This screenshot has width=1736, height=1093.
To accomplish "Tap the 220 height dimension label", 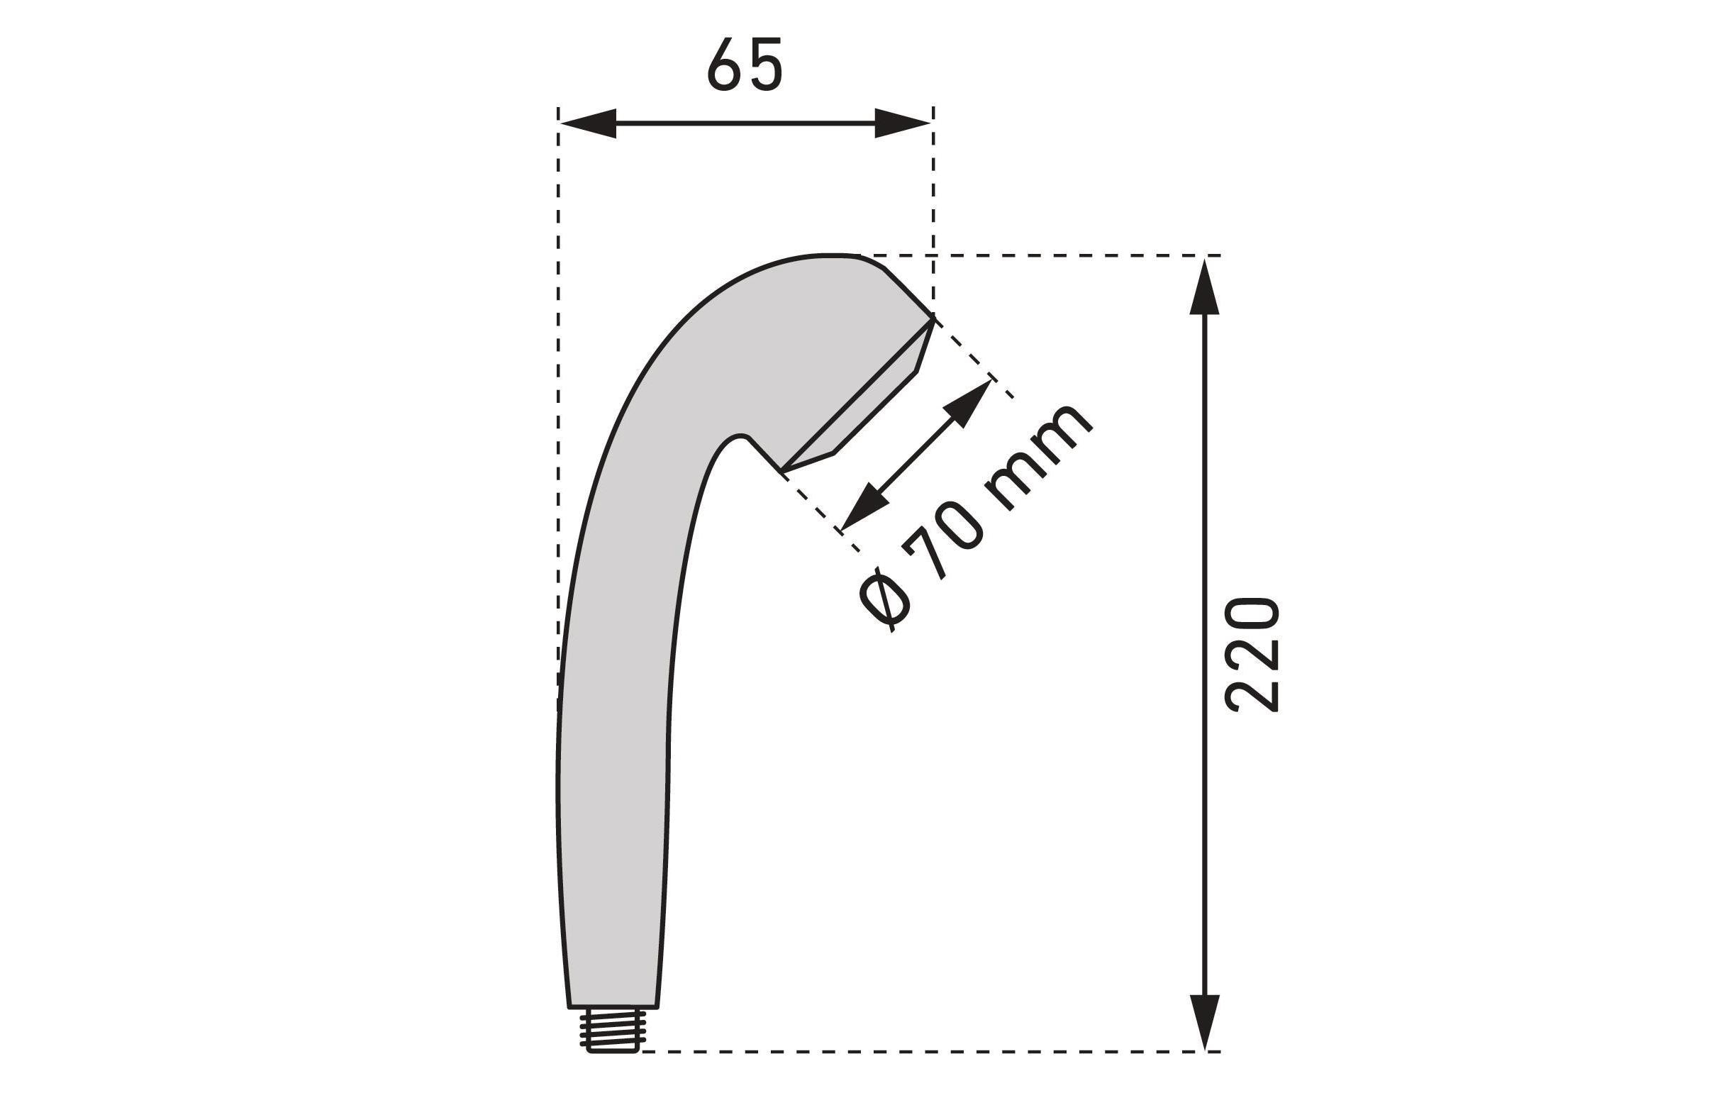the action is click(1252, 655).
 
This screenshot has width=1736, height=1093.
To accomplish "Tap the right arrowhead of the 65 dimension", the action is click(903, 123).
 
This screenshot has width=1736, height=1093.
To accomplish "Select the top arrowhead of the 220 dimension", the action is click(1204, 287).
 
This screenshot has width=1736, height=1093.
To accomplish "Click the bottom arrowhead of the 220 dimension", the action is click(1204, 1022).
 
